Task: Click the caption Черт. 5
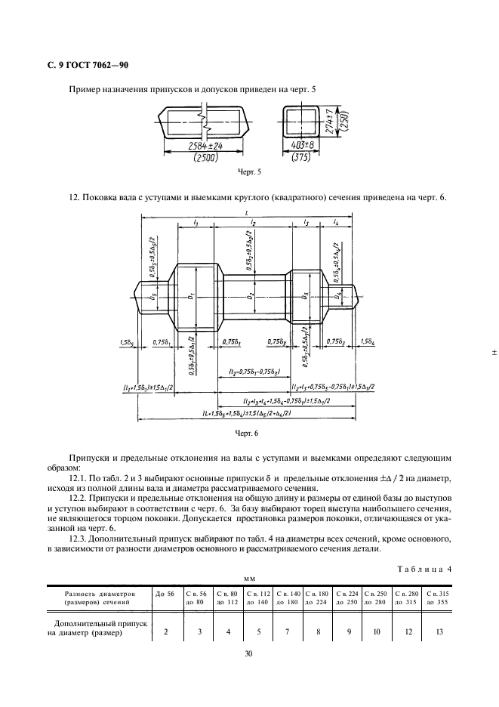pyautogui.click(x=249, y=173)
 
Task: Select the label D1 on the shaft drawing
pyautogui.click(x=193, y=297)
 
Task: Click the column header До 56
pyautogui.click(x=165, y=594)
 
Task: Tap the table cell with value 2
pyautogui.click(x=165, y=633)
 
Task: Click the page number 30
pyautogui.click(x=248, y=654)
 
